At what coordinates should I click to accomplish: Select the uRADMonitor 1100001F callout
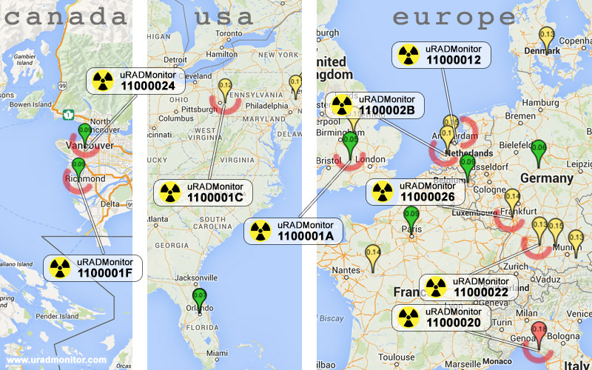tap(92, 267)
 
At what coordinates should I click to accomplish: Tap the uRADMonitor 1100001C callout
tap(203, 192)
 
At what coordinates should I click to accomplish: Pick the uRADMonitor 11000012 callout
tap(440, 55)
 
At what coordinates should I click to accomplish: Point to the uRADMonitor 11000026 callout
tap(416, 192)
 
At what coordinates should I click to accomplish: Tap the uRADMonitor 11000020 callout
tap(441, 317)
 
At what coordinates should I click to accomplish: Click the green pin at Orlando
tap(199, 299)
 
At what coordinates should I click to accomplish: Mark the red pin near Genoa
tap(539, 332)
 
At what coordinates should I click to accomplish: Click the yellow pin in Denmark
tap(547, 38)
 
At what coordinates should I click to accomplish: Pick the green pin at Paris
tap(411, 218)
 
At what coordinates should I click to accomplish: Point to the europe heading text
tap(454, 17)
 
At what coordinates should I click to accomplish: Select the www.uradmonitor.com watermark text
tap(56, 360)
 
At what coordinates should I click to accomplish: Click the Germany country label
tap(547, 178)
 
